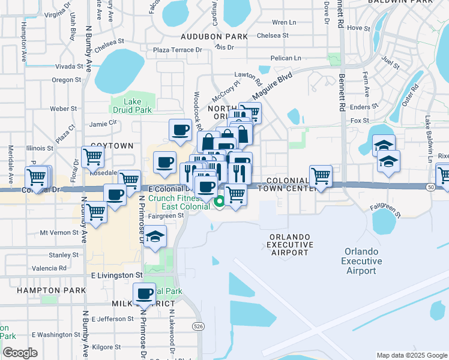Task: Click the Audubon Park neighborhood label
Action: click(214, 37)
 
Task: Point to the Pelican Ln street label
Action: click(285, 58)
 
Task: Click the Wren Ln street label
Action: click(285, 22)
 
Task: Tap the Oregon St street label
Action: click(66, 79)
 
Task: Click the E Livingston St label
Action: click(117, 275)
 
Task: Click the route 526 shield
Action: click(197, 326)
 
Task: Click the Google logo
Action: click(20, 353)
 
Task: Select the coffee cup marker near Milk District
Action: click(144, 294)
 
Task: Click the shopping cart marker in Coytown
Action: click(92, 157)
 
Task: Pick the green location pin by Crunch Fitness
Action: click(220, 203)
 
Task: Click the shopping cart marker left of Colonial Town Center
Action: click(321, 176)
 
